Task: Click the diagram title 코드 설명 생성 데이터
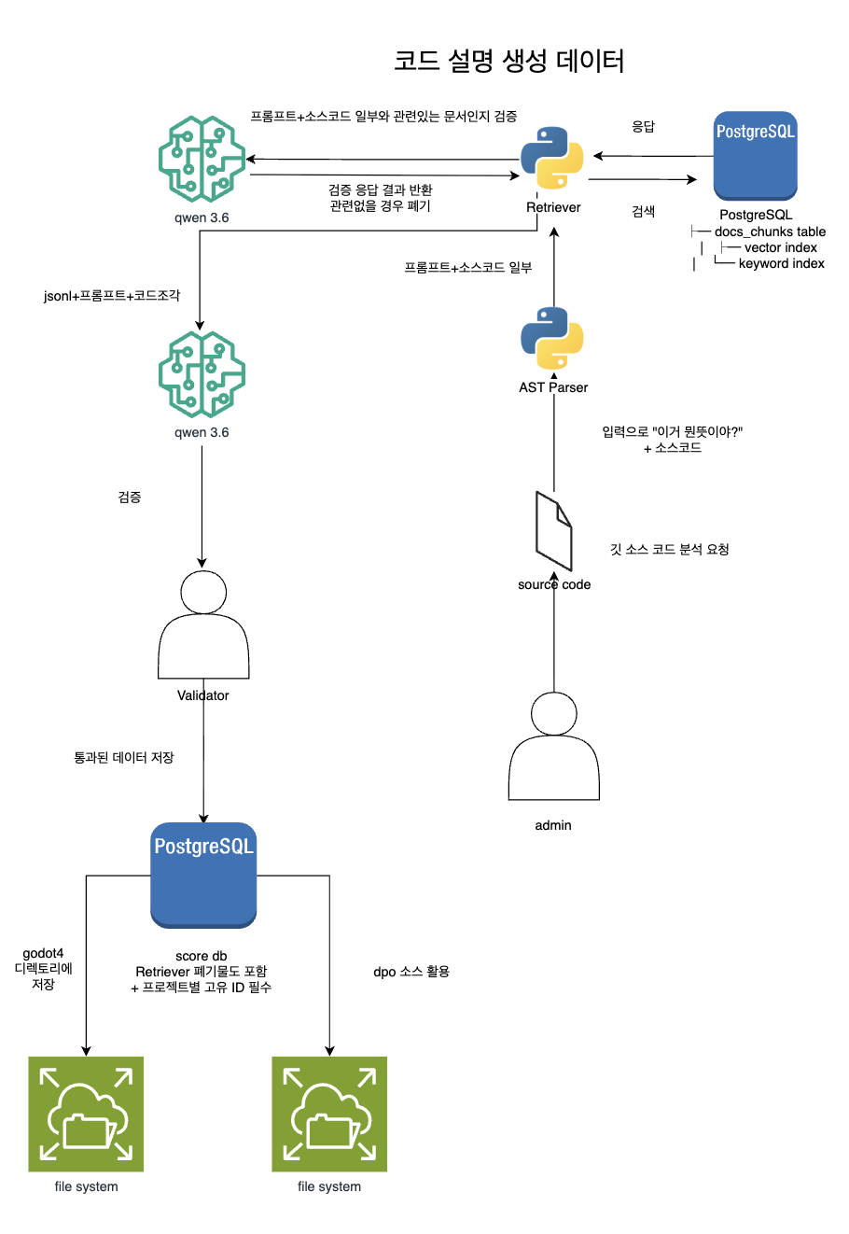click(508, 61)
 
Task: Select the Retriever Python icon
click(551, 158)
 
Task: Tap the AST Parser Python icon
click(551, 338)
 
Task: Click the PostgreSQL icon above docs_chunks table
click(755, 156)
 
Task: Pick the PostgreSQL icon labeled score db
click(203, 875)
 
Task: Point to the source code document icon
click(553, 531)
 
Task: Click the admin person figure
click(553, 746)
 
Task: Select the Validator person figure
click(203, 624)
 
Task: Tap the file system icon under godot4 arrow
click(86, 1114)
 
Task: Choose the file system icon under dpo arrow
click(329, 1114)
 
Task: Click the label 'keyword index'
click(781, 264)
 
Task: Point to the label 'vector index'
click(780, 248)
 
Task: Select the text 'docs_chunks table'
click(770, 231)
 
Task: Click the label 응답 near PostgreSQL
click(643, 127)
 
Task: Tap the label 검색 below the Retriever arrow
click(643, 212)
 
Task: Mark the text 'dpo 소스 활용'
click(411, 972)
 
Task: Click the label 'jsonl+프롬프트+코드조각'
click(112, 296)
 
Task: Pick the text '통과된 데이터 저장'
click(124, 757)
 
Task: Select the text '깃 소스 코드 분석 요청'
click(669, 549)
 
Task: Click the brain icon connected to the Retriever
click(202, 159)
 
